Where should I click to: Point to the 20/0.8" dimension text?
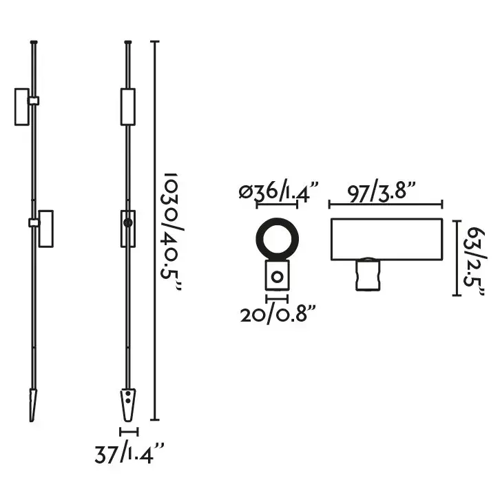[278, 315]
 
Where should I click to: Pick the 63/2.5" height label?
[475, 258]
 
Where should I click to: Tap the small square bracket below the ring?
[276, 277]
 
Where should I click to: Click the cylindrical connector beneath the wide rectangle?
[368, 273]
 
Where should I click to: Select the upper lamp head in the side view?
[22, 106]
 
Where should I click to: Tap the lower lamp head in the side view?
[47, 228]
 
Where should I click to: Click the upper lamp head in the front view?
[127, 106]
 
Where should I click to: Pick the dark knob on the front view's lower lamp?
[127, 222]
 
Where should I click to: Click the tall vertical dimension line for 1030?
[154, 231]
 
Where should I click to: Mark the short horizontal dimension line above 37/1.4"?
[129, 432]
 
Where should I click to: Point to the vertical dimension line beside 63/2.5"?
[456, 258]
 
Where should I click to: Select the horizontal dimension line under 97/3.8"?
[385, 204]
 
